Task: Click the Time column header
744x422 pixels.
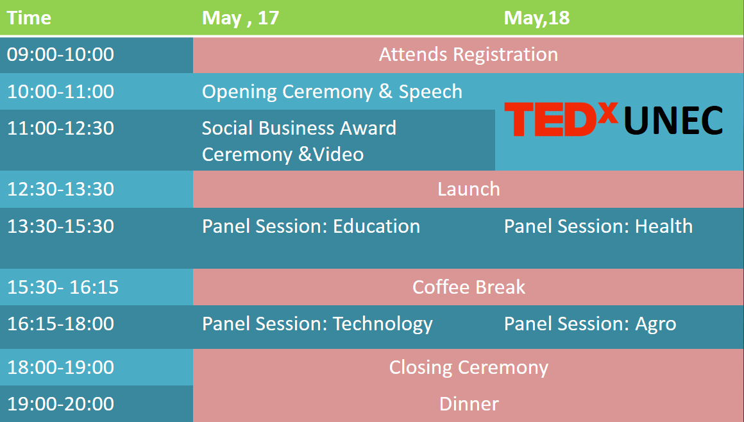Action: [29, 18]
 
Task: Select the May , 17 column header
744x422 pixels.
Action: [241, 18]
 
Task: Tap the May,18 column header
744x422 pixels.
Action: [537, 18]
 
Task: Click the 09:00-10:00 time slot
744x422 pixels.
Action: [60, 54]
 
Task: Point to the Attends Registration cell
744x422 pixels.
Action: [468, 55]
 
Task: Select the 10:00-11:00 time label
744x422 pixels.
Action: [60, 91]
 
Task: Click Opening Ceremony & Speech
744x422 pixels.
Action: [332, 92]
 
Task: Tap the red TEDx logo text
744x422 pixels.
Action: [561, 119]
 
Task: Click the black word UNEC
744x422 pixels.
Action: [673, 120]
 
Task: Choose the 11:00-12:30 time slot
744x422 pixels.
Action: [60, 128]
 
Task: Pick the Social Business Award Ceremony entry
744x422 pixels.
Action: [299, 141]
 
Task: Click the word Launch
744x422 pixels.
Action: [468, 189]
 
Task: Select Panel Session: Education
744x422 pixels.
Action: [311, 226]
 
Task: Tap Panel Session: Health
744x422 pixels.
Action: [598, 226]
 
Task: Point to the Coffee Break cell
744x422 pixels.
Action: [468, 287]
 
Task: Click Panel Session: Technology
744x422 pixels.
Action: [317, 325]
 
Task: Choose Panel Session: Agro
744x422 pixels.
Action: [590, 325]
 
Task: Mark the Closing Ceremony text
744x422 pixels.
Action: [468, 367]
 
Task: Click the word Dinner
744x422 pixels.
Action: [468, 404]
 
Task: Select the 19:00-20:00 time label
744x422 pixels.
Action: [60, 403]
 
